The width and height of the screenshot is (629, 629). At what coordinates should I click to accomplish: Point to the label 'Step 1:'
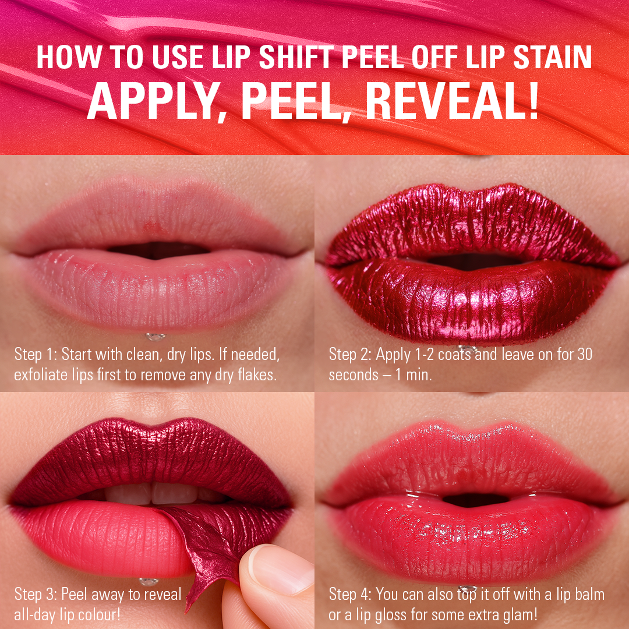click(36, 354)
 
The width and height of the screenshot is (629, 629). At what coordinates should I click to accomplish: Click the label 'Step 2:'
click(351, 354)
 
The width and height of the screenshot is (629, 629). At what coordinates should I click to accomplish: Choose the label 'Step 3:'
click(36, 595)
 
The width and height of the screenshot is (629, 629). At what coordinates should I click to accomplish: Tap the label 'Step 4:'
click(351, 595)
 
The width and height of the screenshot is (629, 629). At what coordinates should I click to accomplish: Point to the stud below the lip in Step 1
click(154, 337)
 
